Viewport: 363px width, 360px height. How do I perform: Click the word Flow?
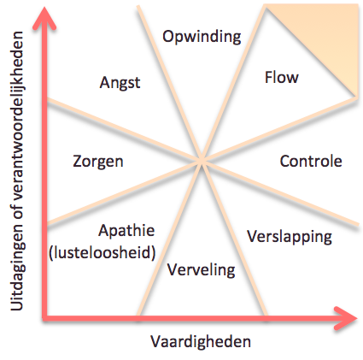[282, 78]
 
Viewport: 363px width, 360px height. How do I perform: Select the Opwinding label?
[202, 37]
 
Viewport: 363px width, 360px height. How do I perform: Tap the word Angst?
[120, 83]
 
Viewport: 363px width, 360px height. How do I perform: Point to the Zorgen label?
[98, 162]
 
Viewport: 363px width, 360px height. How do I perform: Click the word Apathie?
[126, 230]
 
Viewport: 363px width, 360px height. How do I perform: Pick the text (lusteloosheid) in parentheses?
[102, 252]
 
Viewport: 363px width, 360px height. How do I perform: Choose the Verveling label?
[202, 269]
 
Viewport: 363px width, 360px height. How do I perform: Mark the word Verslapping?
[290, 237]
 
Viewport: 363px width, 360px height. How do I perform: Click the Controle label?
[311, 162]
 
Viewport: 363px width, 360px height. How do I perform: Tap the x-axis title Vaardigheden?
[201, 341]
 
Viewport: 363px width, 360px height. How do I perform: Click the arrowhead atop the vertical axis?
[44, 18]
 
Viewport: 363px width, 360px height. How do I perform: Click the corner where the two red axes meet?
[44, 318]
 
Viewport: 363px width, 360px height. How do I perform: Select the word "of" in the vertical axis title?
[17, 210]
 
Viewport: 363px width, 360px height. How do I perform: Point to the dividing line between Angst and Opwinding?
[170, 84]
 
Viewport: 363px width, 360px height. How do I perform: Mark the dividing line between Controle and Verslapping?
[280, 193]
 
